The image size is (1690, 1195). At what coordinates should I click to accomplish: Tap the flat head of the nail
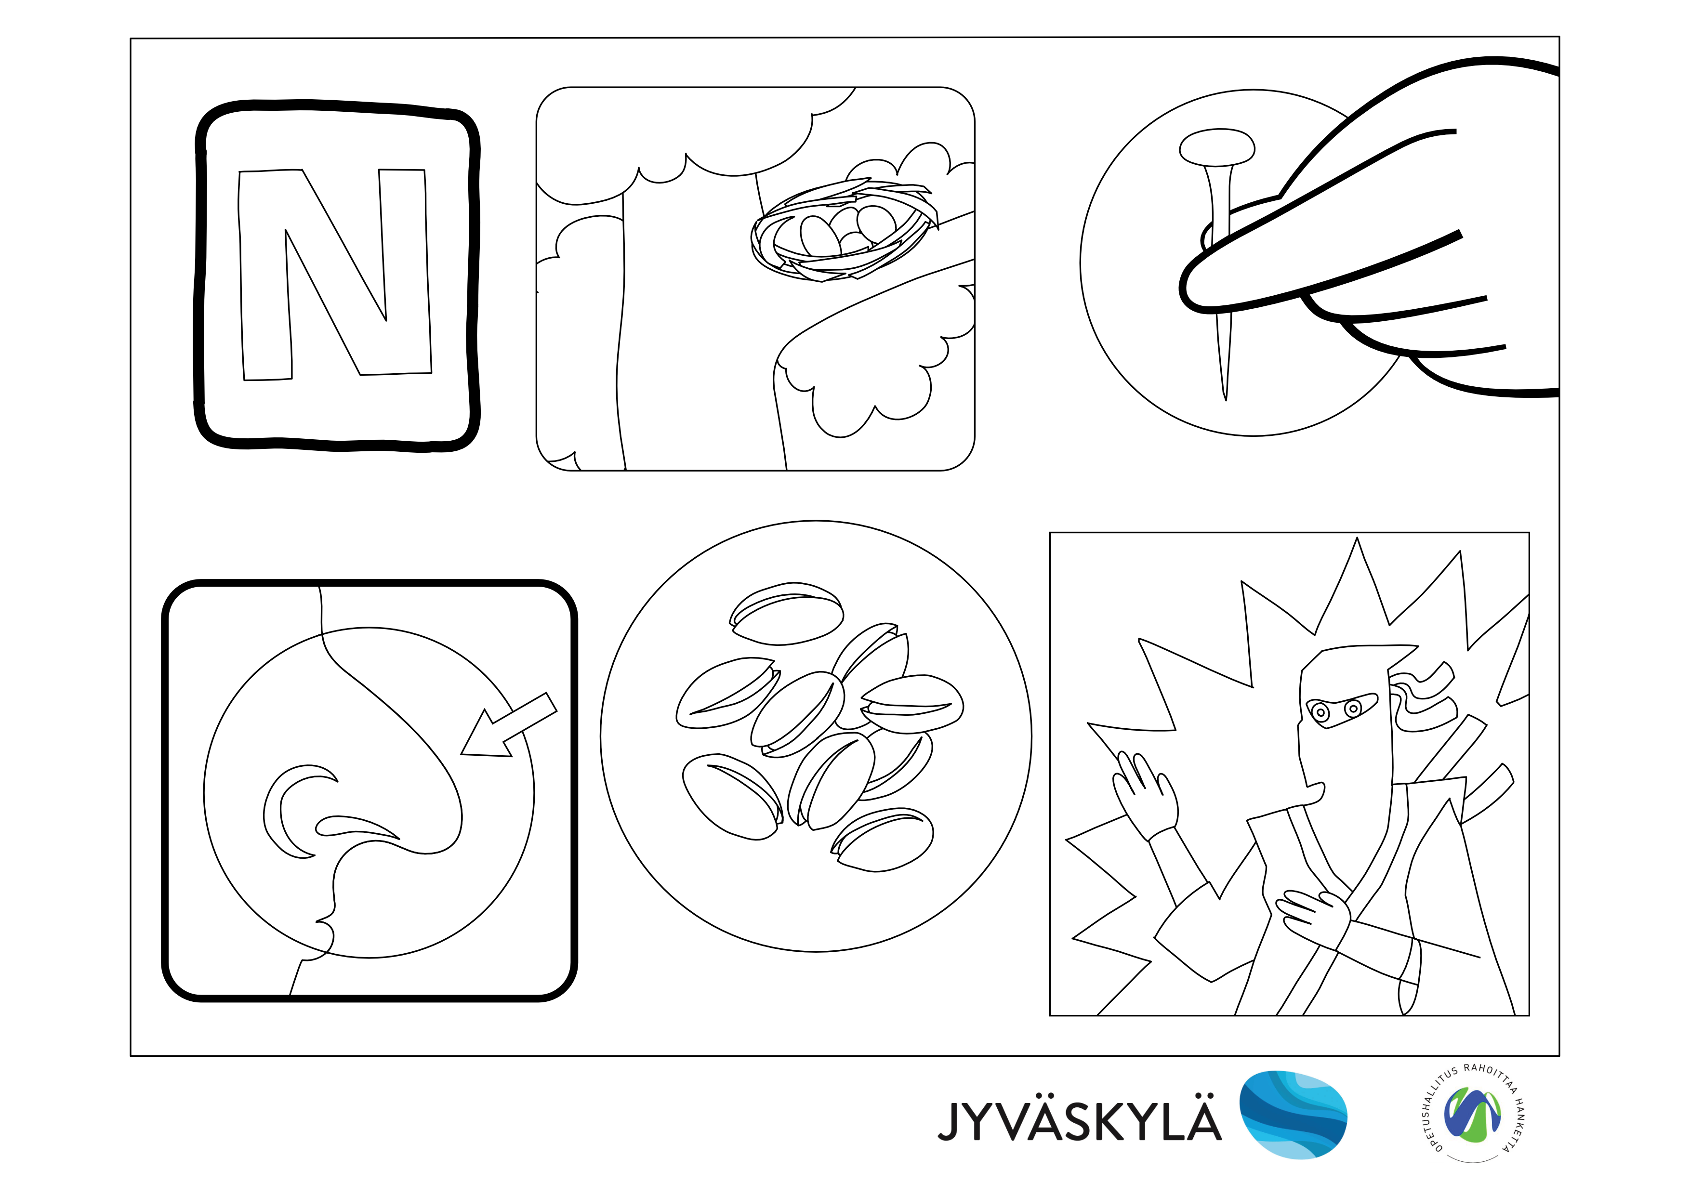[x=1217, y=147]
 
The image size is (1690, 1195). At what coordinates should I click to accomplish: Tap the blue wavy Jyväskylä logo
[x=1293, y=1115]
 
